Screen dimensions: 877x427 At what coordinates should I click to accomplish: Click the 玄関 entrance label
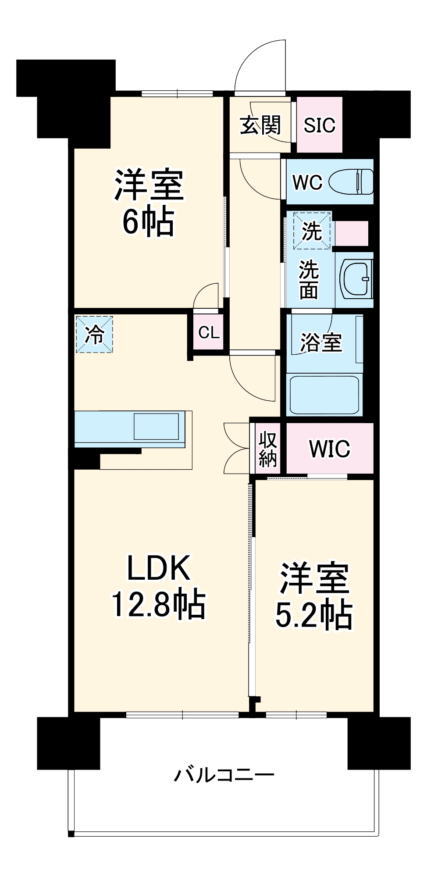[260, 126]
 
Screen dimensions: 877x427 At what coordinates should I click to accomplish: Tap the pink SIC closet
[320, 125]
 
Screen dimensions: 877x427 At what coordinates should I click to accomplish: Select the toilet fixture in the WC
[351, 182]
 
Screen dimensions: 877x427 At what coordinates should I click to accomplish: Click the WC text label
[307, 182]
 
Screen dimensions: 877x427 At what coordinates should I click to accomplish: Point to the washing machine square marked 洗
[312, 231]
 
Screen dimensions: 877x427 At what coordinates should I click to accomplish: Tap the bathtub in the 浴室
[324, 395]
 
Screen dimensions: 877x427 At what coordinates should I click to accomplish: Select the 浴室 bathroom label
[320, 342]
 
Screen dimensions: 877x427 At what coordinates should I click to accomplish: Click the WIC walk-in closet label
[330, 448]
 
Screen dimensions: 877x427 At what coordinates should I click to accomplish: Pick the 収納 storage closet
[267, 448]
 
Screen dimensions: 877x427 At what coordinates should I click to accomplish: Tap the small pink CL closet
[209, 332]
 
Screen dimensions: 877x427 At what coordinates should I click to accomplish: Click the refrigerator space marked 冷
[94, 335]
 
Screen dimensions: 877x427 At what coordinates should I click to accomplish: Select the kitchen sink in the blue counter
[156, 426]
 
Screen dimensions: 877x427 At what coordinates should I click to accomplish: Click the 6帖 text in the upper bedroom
[148, 221]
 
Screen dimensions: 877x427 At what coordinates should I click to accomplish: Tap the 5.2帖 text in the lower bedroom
[314, 615]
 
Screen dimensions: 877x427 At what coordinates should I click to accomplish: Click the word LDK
[158, 568]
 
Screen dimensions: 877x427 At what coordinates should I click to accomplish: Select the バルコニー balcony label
[224, 774]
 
